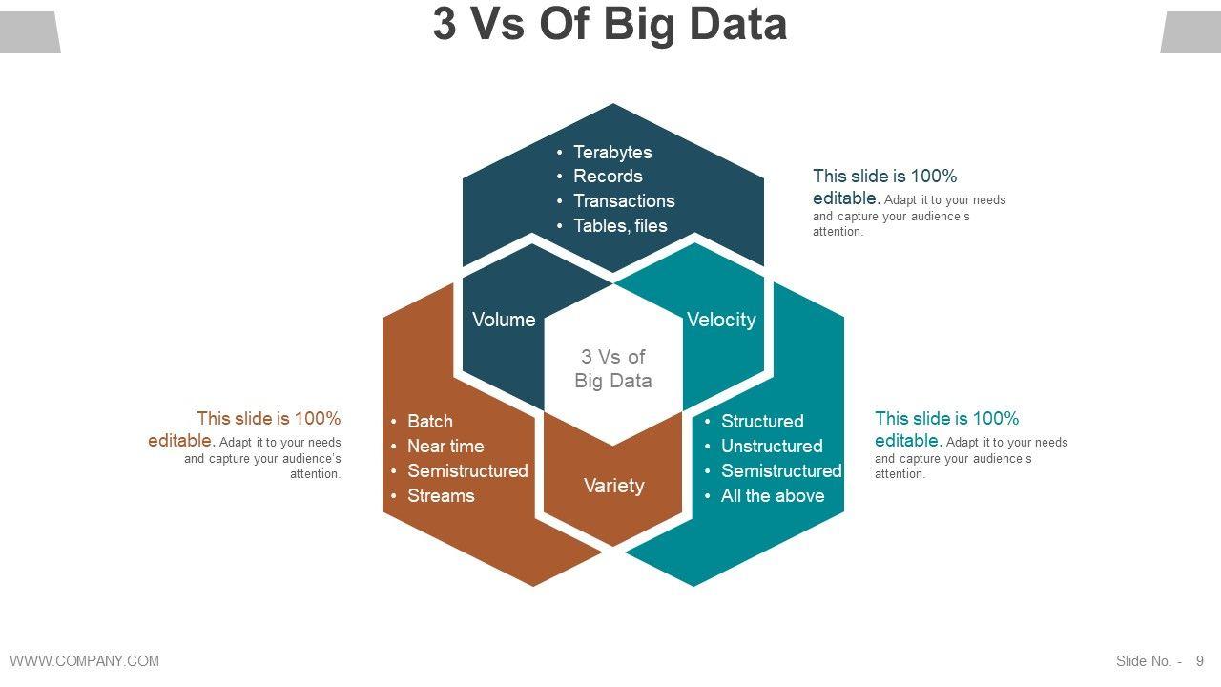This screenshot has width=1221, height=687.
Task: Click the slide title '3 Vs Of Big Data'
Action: click(x=610, y=25)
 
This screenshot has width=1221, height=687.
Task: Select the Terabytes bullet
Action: click(x=612, y=152)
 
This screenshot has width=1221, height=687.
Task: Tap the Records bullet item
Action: click(x=608, y=176)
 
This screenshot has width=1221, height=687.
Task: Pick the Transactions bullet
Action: click(x=624, y=200)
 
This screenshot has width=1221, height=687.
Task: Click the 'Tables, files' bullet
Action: click(x=620, y=225)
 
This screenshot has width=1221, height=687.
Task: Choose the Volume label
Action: click(x=504, y=320)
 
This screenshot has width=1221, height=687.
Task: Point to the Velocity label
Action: click(x=721, y=320)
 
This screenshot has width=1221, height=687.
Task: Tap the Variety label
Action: click(x=613, y=486)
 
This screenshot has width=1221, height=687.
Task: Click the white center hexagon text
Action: click(x=613, y=368)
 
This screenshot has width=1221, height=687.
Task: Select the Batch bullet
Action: click(x=430, y=421)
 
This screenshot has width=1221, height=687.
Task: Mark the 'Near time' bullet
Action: click(x=445, y=446)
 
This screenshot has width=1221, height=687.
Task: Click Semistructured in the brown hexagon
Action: click(x=467, y=470)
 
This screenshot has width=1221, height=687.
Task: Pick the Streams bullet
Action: click(x=441, y=495)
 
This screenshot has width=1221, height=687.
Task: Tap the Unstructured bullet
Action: click(x=772, y=446)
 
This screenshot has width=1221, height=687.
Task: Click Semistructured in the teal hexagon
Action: click(x=781, y=470)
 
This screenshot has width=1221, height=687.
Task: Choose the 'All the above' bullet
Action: click(x=773, y=495)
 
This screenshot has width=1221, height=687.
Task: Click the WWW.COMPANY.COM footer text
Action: click(x=85, y=660)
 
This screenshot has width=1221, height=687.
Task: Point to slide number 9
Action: click(x=1200, y=660)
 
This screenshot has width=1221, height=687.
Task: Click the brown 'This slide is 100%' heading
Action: click(x=268, y=419)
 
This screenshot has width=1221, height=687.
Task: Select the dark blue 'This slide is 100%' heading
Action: click(x=884, y=177)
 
